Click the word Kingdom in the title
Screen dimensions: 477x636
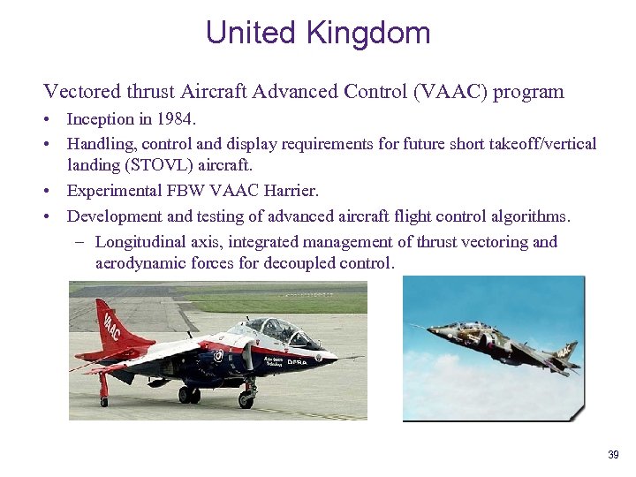click(368, 33)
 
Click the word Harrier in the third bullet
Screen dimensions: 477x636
click(287, 190)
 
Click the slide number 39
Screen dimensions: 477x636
click(613, 455)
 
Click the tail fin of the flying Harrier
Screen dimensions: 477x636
click(564, 351)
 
